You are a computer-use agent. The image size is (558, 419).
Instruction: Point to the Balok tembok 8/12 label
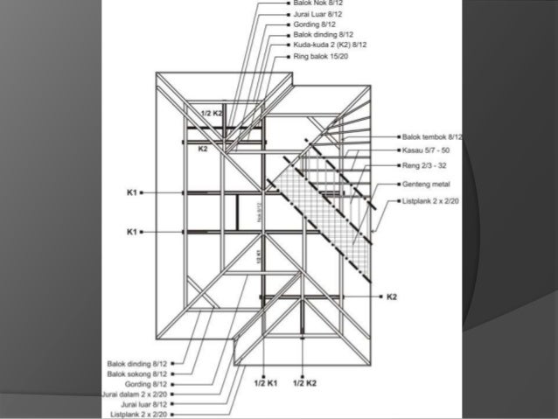(432, 137)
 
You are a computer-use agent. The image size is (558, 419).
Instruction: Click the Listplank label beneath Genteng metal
(431, 201)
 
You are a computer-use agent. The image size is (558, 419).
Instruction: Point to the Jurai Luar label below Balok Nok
(320, 14)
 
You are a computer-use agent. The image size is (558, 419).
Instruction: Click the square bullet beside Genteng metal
(398, 185)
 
